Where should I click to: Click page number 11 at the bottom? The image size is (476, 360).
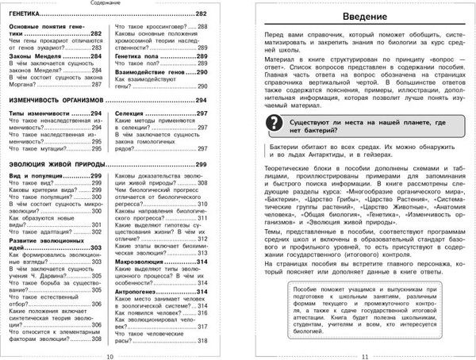365,354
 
